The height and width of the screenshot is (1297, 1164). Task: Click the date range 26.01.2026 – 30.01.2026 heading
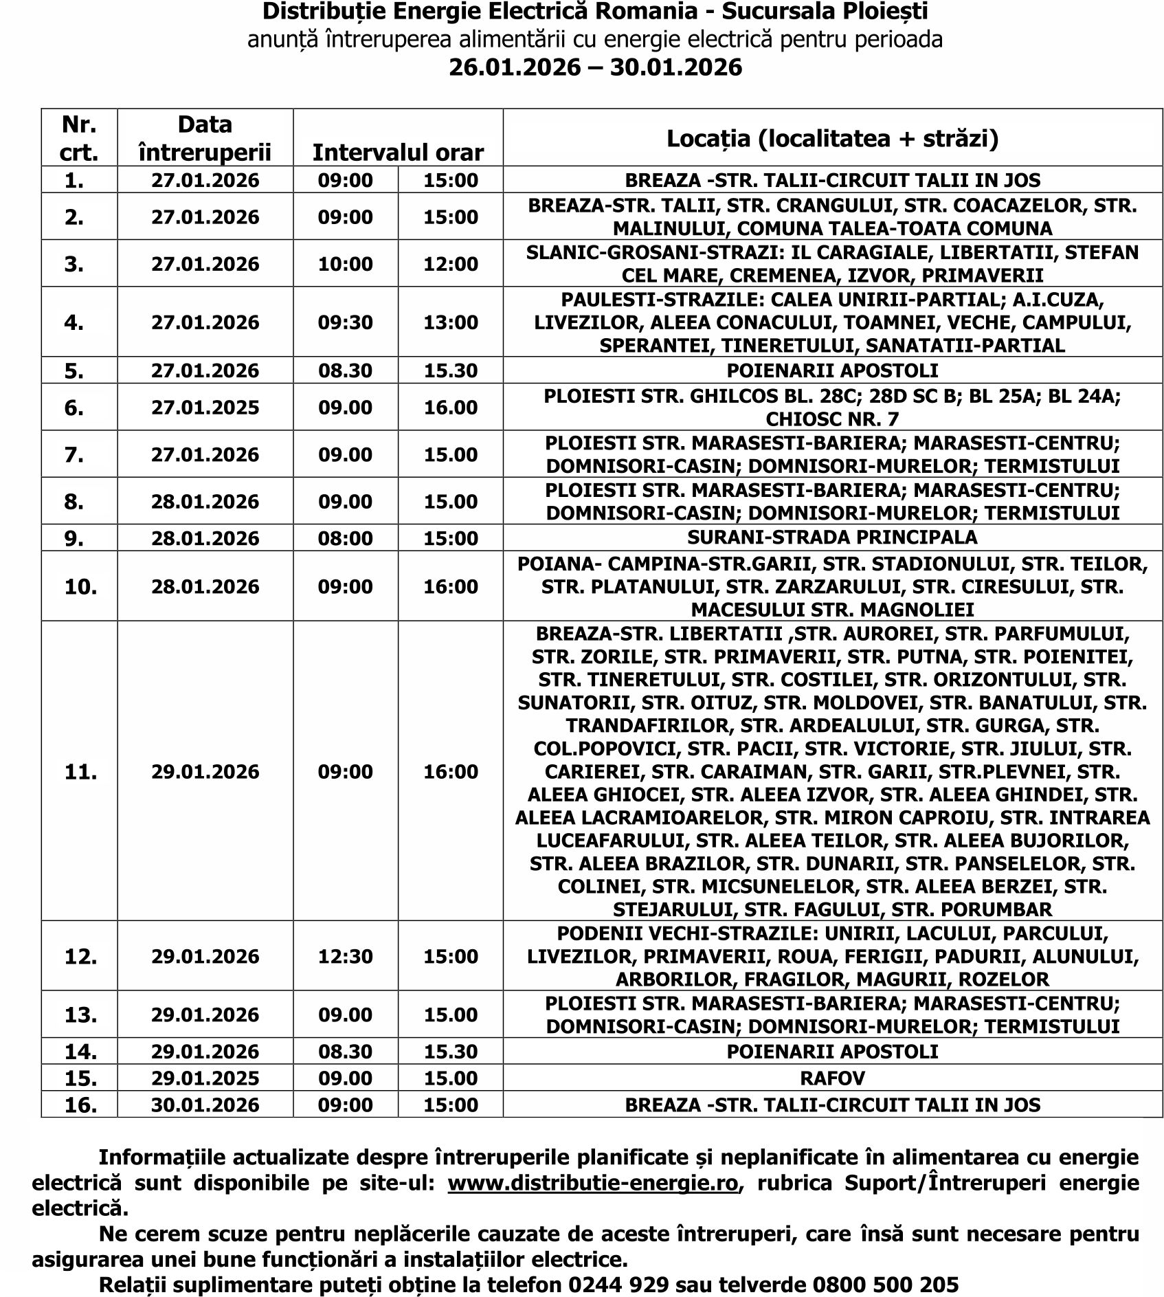tap(595, 67)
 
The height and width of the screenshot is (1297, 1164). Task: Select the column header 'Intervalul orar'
tap(398, 152)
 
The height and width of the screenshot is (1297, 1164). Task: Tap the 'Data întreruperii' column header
tap(205, 137)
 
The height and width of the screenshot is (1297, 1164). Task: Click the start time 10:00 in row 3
tap(345, 264)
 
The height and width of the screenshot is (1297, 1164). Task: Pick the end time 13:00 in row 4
tap(451, 322)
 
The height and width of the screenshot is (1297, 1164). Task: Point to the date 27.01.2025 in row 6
tap(205, 408)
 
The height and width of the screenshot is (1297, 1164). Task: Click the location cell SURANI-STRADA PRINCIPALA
tap(832, 537)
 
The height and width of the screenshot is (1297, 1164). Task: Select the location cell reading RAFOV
tap(832, 1078)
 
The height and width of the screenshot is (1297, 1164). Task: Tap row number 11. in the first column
tap(80, 772)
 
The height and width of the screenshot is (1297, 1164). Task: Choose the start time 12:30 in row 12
tap(345, 956)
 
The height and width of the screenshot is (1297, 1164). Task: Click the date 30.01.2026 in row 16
tap(205, 1105)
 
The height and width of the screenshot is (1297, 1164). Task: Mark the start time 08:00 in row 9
tap(345, 537)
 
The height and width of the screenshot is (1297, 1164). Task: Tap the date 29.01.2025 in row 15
tap(205, 1078)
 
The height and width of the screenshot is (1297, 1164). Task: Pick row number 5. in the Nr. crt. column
tap(74, 371)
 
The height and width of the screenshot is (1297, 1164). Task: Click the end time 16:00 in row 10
tap(451, 586)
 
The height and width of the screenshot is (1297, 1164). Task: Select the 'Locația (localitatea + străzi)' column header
tap(832, 139)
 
